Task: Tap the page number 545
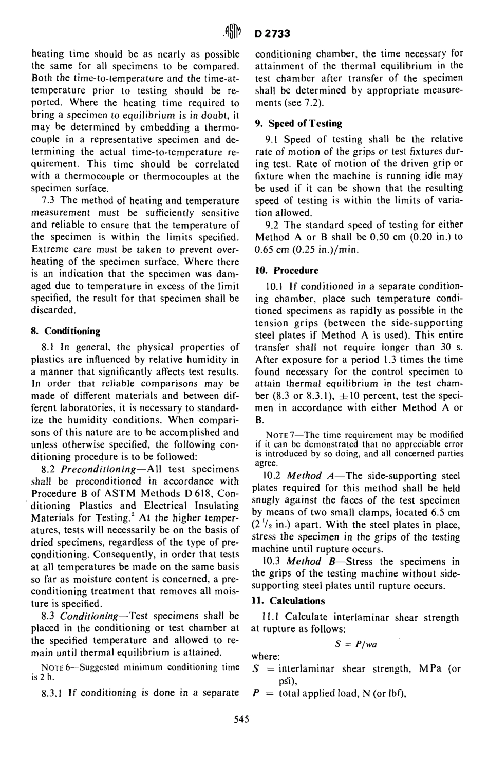[241, 720]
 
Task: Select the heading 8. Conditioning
[66, 331]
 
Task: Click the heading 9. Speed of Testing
[299, 123]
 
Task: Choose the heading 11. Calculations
[288, 601]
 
